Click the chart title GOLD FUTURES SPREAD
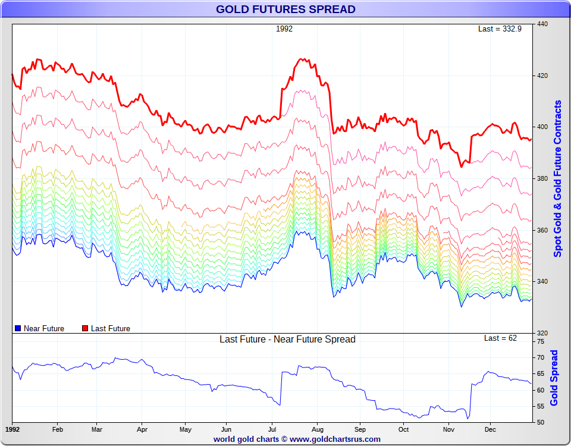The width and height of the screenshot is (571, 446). click(285, 9)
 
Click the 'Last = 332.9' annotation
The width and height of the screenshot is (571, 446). click(500, 29)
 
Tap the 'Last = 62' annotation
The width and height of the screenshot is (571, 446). click(500, 338)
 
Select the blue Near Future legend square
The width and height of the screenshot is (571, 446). click(17, 328)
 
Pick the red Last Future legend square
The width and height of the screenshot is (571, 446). click(85, 328)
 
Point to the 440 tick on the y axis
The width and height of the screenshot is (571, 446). click(542, 24)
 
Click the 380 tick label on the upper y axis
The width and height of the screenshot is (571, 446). click(542, 178)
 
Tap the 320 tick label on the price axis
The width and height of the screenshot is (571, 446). click(542, 333)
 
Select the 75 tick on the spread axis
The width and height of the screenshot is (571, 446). click(541, 342)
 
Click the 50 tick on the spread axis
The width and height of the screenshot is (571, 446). click(541, 422)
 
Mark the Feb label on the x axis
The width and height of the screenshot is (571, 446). click(58, 429)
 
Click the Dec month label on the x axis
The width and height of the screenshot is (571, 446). click(490, 429)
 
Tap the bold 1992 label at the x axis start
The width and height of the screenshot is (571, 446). click(12, 429)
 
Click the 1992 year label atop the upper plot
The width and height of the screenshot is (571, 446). click(284, 29)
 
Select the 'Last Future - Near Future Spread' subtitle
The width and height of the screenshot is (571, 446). click(287, 340)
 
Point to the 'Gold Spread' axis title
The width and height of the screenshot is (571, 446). click(554, 378)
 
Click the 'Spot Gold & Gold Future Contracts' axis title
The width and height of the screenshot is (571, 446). click(557, 178)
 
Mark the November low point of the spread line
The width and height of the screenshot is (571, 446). click(468, 419)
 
